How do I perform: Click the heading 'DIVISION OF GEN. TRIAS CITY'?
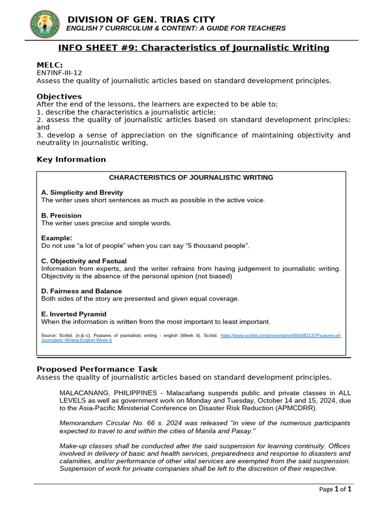[x=141, y=19]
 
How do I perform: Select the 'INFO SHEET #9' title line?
[x=193, y=48]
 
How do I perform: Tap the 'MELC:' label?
[x=50, y=65]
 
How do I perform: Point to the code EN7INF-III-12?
[x=59, y=72]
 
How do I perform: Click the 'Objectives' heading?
[x=59, y=96]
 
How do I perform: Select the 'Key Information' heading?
[x=71, y=159]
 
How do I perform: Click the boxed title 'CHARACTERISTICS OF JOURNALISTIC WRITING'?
[x=190, y=178]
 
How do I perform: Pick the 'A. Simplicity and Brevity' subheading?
[x=82, y=192]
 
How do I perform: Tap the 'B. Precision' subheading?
[x=61, y=216]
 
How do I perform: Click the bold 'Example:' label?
[x=56, y=238]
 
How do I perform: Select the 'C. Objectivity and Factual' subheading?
[x=83, y=261]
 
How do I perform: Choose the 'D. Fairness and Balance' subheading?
[x=81, y=291]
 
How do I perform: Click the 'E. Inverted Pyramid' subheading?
[x=74, y=314]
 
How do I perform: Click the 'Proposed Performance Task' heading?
[x=97, y=369]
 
